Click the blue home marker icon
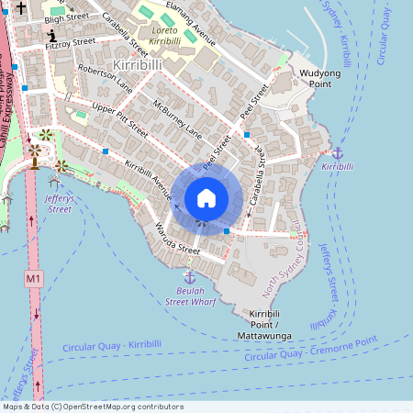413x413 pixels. (206, 198)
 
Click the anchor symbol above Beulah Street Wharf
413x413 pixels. (190, 276)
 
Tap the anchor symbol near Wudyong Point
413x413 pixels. (337, 152)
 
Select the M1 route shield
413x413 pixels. (34, 277)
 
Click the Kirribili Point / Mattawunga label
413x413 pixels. (271, 319)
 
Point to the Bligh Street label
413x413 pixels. (67, 17)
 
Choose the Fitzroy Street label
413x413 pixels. (71, 42)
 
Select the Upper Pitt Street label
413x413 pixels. (120, 120)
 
